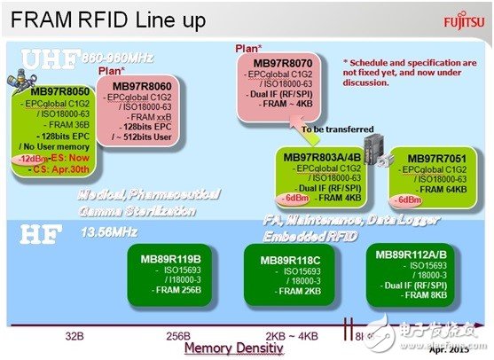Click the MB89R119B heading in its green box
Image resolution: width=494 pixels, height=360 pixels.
click(167, 261)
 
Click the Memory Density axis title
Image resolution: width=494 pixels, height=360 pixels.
click(239, 348)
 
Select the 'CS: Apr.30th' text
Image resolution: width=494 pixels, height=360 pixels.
click(61, 168)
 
